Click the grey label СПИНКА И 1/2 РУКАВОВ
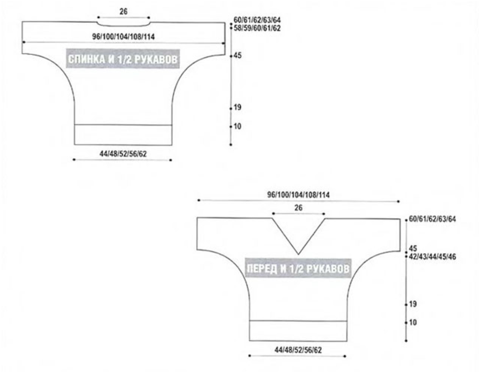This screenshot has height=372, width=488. pos(123,59)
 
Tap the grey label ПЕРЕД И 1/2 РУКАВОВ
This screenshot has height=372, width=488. pos(298,268)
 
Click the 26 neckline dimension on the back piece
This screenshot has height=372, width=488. pos(123,11)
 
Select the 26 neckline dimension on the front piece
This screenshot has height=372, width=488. pos(298,208)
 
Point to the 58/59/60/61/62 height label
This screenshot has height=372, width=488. pos(257,28)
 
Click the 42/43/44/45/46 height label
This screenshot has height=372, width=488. pos(433,257)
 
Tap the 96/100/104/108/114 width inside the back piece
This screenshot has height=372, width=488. pos(123,36)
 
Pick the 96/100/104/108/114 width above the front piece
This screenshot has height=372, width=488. pos(298,195)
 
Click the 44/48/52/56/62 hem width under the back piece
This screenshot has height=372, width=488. pos(123,153)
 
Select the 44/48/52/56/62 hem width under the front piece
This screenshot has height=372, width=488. pos(298,350)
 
